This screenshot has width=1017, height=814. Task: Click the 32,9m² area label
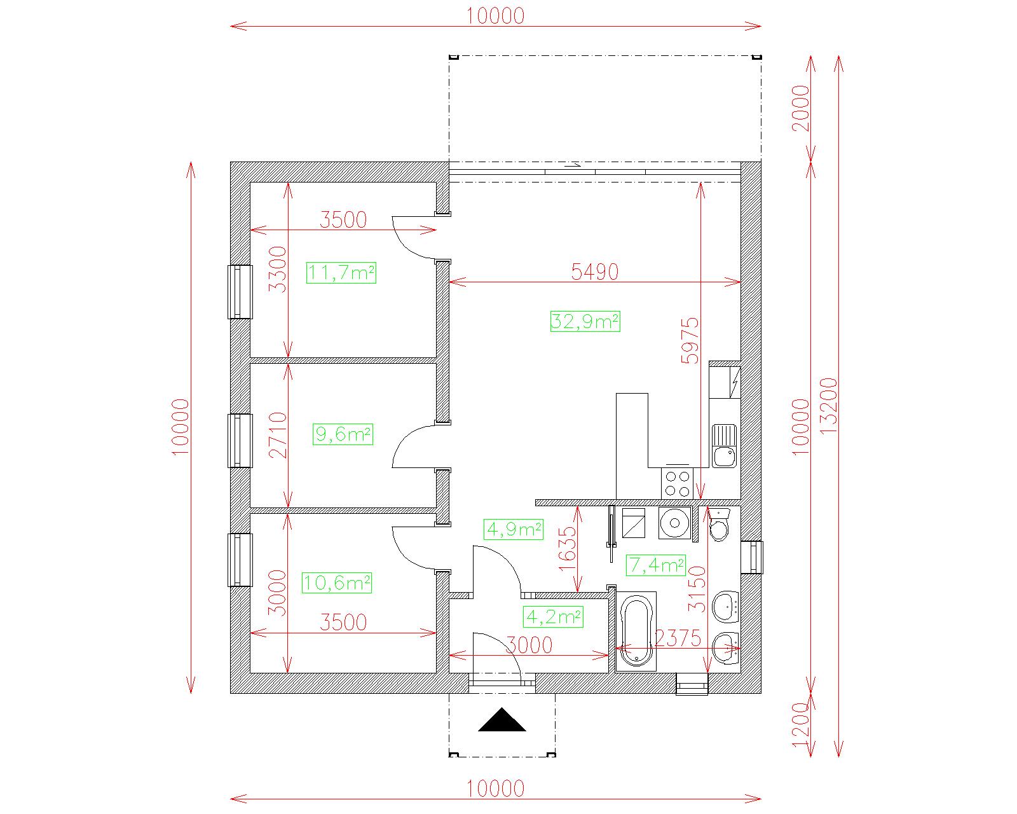585,322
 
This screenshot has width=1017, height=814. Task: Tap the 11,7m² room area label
341,273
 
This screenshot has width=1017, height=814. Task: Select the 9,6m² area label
343,434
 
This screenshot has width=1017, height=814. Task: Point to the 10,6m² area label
337,583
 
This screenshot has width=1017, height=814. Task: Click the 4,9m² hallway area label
514,529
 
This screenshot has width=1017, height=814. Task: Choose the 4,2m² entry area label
554,617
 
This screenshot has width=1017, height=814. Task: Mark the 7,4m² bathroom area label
656,565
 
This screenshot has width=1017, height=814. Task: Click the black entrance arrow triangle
502,719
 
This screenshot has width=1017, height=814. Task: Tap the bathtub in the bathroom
636,631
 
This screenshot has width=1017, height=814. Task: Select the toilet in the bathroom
720,525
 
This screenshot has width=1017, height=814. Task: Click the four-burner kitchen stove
677,483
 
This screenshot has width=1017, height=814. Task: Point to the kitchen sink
724,446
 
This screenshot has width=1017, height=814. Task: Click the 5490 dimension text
594,272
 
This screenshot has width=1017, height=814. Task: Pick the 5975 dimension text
690,341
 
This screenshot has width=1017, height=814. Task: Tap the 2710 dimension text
278,435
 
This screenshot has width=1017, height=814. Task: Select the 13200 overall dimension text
828,406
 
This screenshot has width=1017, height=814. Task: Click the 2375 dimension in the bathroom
678,638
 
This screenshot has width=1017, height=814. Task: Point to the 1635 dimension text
568,549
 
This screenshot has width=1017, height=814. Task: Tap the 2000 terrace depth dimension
800,108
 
